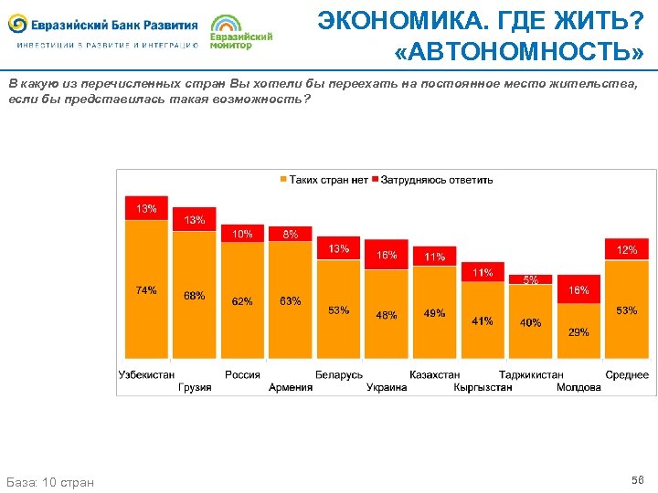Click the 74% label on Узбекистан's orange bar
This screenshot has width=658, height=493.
pos(146,290)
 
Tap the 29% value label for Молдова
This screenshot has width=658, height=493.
pos(578,332)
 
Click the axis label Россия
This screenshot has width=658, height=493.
pos(242,374)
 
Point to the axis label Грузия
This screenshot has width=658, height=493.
pos(195,387)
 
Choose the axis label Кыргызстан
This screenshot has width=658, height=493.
pos(483,387)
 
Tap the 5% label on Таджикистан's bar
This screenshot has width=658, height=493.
pos(530,280)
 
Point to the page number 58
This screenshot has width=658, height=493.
pos(637,479)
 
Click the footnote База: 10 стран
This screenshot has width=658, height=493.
pos(50,481)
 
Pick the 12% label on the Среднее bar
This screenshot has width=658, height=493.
pos(627,250)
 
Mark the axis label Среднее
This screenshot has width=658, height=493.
pos(627,374)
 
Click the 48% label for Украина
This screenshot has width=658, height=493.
pos(387,316)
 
